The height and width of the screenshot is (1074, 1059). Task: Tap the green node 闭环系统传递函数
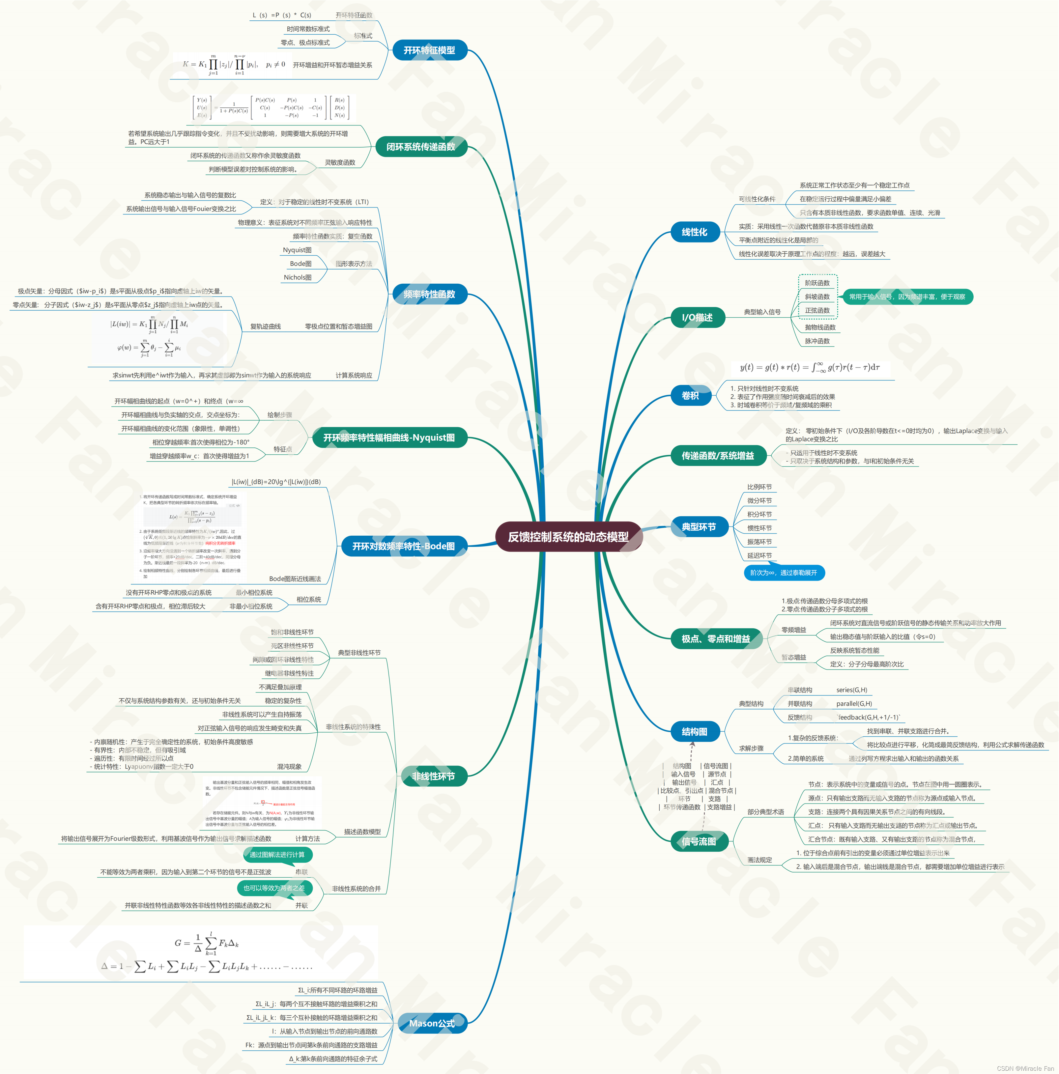[421, 147]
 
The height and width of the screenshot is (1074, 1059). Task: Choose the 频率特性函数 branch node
[429, 294]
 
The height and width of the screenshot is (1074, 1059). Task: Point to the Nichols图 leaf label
[298, 277]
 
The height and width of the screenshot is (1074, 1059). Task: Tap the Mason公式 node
[432, 1023]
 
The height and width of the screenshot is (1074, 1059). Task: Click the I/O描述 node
[697, 317]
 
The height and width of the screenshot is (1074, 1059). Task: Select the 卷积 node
[690, 396]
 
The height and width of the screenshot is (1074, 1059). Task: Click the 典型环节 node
[699, 526]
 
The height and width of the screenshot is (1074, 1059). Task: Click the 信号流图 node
[699, 842]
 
